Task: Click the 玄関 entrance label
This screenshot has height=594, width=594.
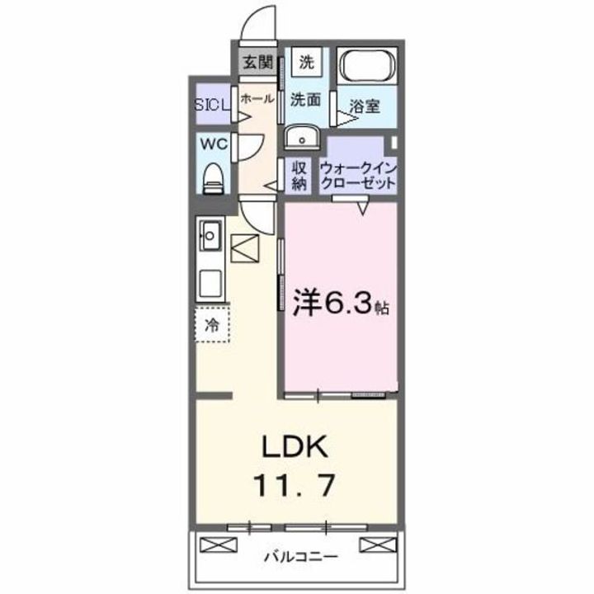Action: (x=257, y=62)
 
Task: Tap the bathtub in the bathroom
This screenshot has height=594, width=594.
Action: (x=366, y=65)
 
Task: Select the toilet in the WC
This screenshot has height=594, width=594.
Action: (x=213, y=179)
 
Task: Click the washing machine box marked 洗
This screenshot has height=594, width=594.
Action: (x=306, y=62)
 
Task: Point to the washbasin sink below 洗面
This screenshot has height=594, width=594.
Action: (x=302, y=138)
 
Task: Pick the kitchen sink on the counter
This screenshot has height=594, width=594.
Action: (x=210, y=236)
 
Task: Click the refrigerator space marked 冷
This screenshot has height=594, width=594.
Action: (x=212, y=325)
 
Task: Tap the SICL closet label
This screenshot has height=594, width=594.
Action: (x=212, y=105)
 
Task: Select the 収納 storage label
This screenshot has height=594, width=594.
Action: (x=299, y=176)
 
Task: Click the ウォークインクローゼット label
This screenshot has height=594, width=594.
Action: (x=358, y=176)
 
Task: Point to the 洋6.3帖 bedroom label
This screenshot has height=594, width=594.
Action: (x=341, y=304)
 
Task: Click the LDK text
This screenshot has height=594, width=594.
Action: (x=295, y=446)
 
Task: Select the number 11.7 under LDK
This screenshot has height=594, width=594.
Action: (x=295, y=485)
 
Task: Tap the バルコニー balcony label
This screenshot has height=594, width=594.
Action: (x=300, y=557)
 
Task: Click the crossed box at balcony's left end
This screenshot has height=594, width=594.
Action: (x=218, y=544)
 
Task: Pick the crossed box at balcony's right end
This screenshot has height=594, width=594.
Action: (x=377, y=544)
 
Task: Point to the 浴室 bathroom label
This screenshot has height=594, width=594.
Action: (x=365, y=106)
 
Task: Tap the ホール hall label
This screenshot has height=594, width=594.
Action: (x=257, y=99)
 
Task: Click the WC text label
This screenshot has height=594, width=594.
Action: (x=214, y=144)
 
